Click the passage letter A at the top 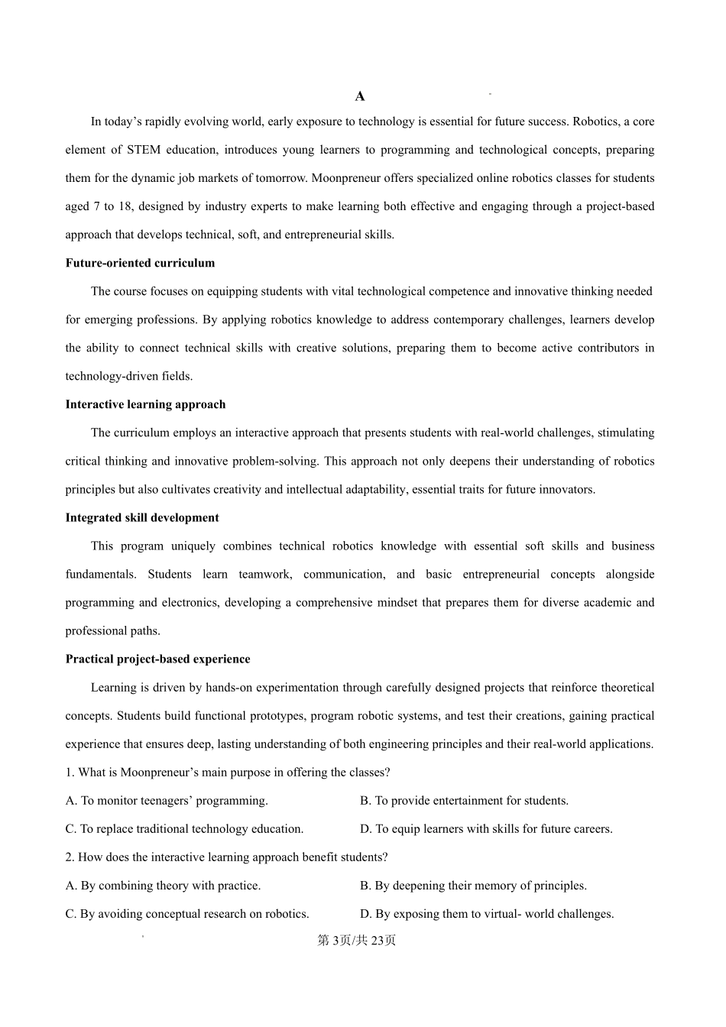[360, 96]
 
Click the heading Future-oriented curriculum [140, 263]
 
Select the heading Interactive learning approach [145, 404]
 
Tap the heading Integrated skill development [142, 517]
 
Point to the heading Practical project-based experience [157, 659]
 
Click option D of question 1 [486, 829]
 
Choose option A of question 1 [167, 801]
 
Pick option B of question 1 [464, 801]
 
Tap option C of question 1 [184, 829]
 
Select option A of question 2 [163, 886]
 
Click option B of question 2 [473, 886]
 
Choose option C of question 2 [187, 914]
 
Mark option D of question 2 [487, 914]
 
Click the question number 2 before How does [69, 857]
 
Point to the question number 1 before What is [69, 773]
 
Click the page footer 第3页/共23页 [357, 941]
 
